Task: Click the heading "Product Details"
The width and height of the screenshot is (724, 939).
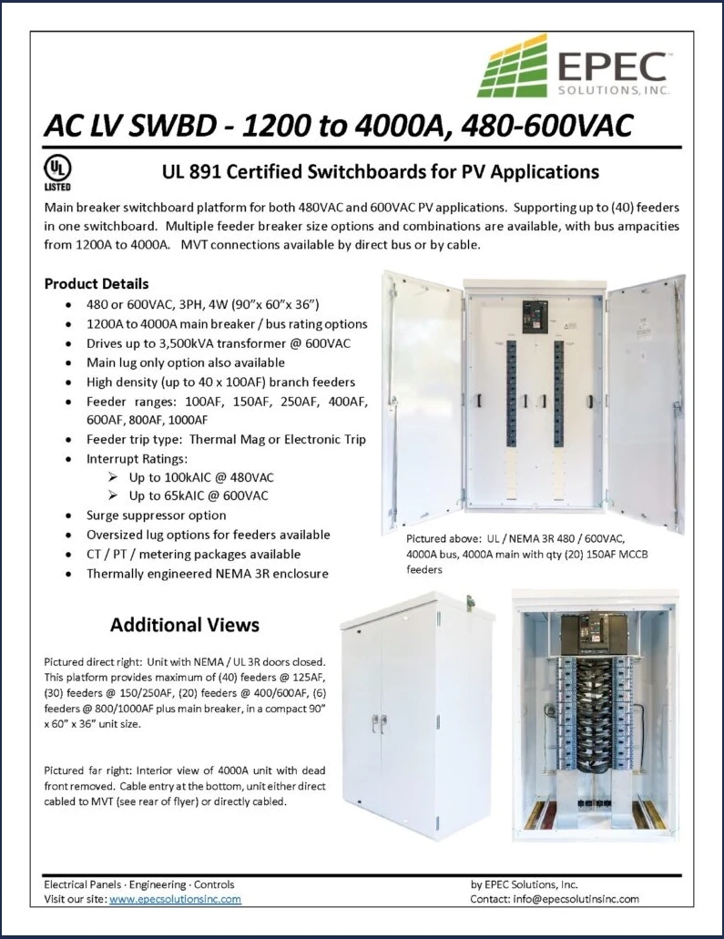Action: coord(97,283)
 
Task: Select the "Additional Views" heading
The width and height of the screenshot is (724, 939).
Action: coord(185,625)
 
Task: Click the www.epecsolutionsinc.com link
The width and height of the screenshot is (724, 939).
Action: coord(175,899)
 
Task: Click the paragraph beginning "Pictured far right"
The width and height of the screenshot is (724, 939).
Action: coord(184,784)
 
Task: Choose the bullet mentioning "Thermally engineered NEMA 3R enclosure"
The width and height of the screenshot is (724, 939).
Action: coord(207,574)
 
